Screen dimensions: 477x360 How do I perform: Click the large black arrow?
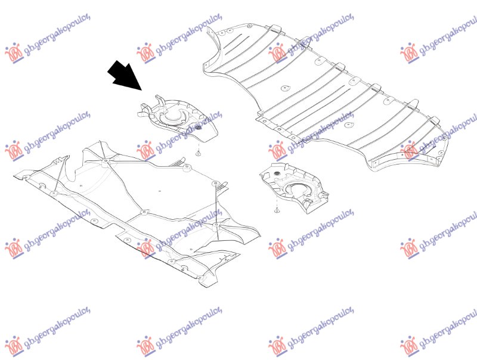125,76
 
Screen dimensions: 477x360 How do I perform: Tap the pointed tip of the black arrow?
142,91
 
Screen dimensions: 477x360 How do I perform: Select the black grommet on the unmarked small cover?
277,173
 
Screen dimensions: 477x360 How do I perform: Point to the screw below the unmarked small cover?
277,210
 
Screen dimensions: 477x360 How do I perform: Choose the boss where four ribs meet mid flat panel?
144,212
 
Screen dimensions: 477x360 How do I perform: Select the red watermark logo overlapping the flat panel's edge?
145,249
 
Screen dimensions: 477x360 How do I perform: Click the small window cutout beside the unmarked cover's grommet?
267,175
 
